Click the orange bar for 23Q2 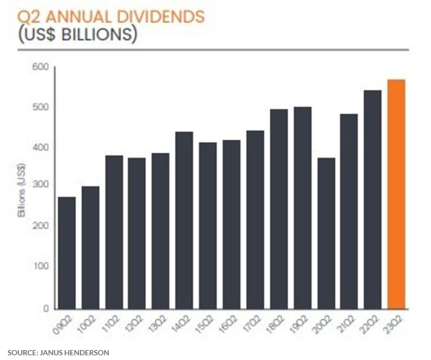coord(396,194)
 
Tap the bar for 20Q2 coord(326,233)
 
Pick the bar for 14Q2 coord(184,220)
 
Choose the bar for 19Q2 coord(302,208)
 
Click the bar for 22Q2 coord(373,199)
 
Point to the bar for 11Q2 coord(114,232)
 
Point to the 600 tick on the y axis coord(42,67)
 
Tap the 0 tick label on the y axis coord(46,309)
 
